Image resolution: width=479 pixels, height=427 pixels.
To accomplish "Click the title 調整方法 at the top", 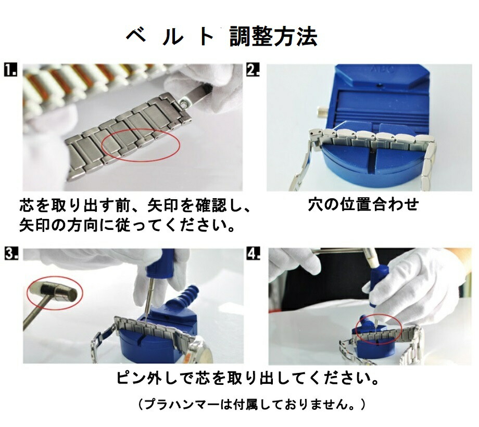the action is pyautogui.click(x=273, y=36).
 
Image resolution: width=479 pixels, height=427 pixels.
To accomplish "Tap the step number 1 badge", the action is pyautogui.click(x=10, y=70).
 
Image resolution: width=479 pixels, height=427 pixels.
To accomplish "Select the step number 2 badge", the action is pyautogui.click(x=253, y=70).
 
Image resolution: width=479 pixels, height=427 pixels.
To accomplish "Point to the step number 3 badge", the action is pyautogui.click(x=11, y=254).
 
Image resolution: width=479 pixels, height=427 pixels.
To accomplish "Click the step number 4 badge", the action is pyautogui.click(x=253, y=254).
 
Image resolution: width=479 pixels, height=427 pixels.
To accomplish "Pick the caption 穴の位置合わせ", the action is pyautogui.click(x=363, y=204).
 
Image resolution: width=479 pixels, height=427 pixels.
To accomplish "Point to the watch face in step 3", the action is pyautogui.click(x=203, y=354).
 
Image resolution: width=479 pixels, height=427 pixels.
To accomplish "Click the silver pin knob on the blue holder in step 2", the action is pyautogui.click(x=323, y=112).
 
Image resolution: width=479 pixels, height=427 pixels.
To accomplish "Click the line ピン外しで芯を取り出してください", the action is pyautogui.click(x=247, y=378).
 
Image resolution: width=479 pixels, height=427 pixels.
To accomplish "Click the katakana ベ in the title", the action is pyautogui.click(x=136, y=36).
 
